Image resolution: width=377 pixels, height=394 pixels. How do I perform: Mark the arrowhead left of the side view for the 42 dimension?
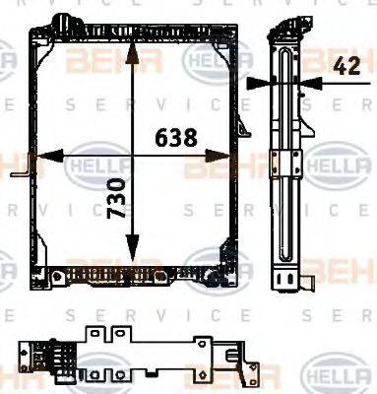(x=258, y=83)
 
